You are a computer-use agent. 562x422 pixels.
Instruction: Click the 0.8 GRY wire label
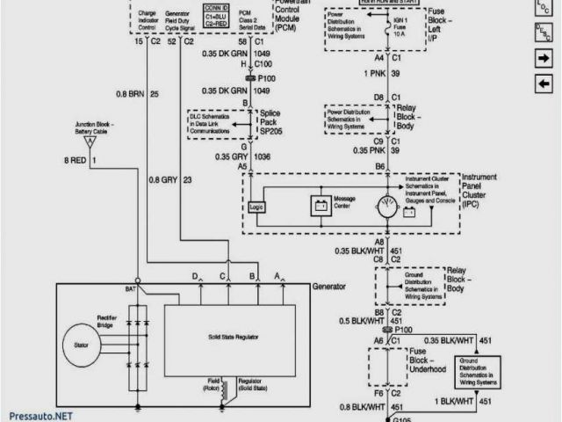[x=164, y=180]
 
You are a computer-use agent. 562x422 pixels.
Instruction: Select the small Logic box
[x=256, y=207]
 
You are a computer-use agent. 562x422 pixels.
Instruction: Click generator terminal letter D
[x=194, y=278]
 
